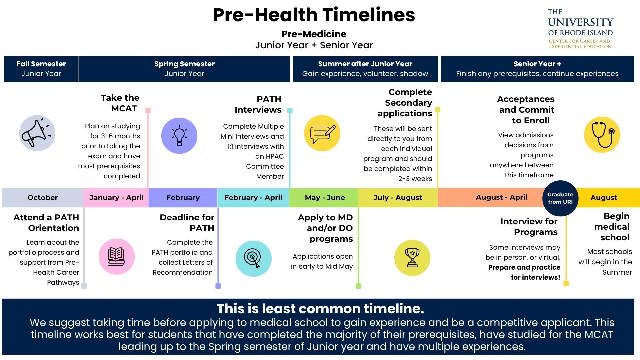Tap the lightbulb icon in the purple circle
click(179, 136)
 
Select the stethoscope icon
click(602, 134)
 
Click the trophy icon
click(412, 258)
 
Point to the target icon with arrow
click(253, 258)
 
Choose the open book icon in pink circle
click(116, 256)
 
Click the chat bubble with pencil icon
click(322, 134)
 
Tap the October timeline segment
click(43, 198)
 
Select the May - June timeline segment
click(324, 198)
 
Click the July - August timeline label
click(398, 198)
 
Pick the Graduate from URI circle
click(560, 198)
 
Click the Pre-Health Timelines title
click(314, 15)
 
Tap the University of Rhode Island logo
click(580, 29)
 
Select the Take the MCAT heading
click(120, 103)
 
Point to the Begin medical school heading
click(612, 227)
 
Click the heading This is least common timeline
click(320, 309)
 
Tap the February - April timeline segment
click(253, 198)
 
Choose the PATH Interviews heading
click(258, 104)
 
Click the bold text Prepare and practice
click(524, 267)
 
